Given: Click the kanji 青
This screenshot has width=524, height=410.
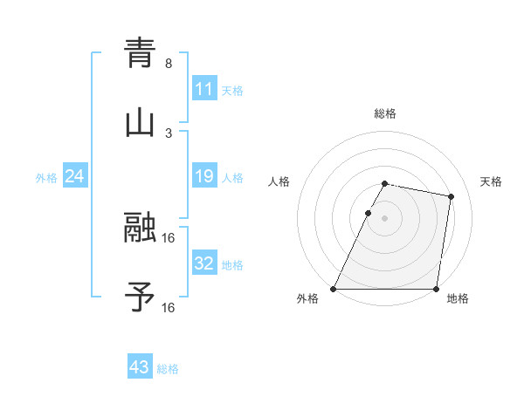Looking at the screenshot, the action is [140, 53].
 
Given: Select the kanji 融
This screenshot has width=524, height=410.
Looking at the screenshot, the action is [140, 229].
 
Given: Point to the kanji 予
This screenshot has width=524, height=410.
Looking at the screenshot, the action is [140, 297].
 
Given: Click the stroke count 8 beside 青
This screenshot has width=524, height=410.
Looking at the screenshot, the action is [169, 64].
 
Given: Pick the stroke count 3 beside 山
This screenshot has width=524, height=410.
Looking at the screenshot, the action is [169, 133].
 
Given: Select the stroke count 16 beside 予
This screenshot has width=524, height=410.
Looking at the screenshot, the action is [169, 307].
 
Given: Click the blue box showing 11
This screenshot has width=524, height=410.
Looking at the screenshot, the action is [203, 89].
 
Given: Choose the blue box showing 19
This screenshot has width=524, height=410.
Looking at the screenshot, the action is [203, 177].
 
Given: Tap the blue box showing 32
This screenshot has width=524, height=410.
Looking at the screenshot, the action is [203, 263].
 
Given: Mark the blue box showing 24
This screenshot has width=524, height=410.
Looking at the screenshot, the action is [74, 177].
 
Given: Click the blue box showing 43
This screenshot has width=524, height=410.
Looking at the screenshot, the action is [139, 367].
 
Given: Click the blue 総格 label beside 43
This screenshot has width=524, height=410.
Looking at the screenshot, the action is [168, 369].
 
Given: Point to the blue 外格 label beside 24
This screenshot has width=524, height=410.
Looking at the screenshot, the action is [46, 178].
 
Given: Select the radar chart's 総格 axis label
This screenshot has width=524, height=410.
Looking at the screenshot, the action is [384, 113].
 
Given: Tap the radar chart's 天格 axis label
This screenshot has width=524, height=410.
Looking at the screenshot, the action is [491, 181].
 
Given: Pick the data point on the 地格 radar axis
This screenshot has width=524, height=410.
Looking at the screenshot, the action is [436, 289].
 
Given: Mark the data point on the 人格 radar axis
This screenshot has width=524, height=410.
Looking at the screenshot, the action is [368, 213].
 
